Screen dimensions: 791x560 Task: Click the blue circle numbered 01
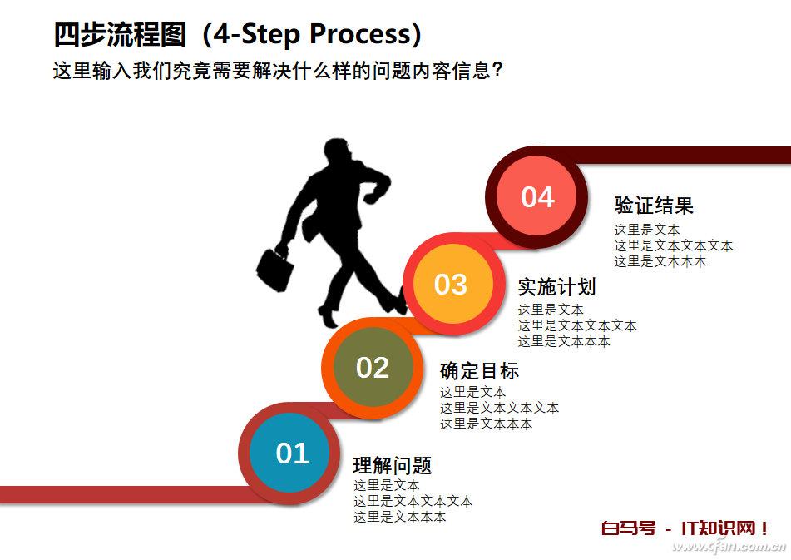[x=289, y=453]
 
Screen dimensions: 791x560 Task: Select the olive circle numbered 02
[x=373, y=367]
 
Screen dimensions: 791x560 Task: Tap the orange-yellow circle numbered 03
[x=453, y=284]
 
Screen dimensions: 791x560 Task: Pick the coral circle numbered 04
[x=536, y=196]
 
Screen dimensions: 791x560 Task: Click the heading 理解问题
[x=392, y=465]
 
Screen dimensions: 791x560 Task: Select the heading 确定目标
[x=479, y=371]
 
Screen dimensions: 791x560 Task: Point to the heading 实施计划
[x=557, y=286]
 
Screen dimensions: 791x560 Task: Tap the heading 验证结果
[x=654, y=206]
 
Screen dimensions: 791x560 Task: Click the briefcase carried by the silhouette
[x=275, y=270]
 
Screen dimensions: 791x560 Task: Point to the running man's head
[x=337, y=151]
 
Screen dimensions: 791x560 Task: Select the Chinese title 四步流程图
[x=120, y=34]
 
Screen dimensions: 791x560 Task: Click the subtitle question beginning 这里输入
[x=278, y=71]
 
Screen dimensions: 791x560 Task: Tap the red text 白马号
[x=629, y=528]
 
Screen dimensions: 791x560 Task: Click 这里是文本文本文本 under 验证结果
[x=673, y=245]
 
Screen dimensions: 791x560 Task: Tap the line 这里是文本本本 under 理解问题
[x=400, y=517]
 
